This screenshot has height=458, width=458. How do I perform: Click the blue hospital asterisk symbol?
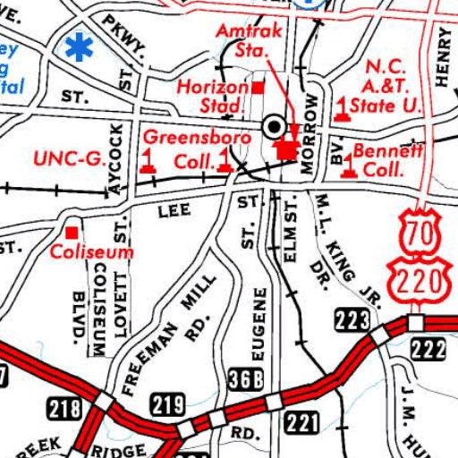pyautogui.click(x=80, y=47)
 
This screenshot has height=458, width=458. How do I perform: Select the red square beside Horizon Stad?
pyautogui.click(x=259, y=88)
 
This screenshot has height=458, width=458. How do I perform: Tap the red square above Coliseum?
pyautogui.click(x=71, y=233)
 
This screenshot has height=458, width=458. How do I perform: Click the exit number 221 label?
pyautogui.click(x=302, y=420)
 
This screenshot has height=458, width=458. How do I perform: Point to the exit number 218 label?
pyautogui.click(x=64, y=411)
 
